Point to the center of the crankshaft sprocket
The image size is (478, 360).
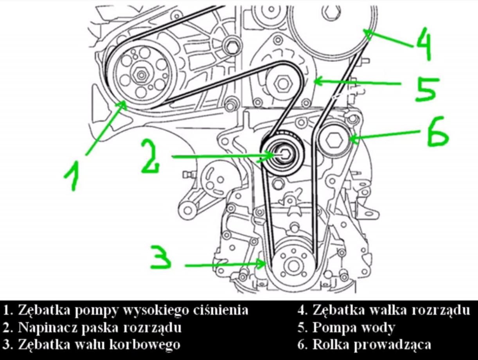291,265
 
